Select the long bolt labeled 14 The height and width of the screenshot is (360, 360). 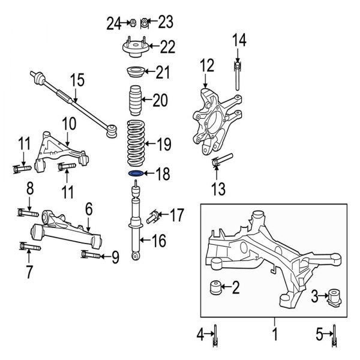238,76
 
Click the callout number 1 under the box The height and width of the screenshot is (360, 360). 275,333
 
